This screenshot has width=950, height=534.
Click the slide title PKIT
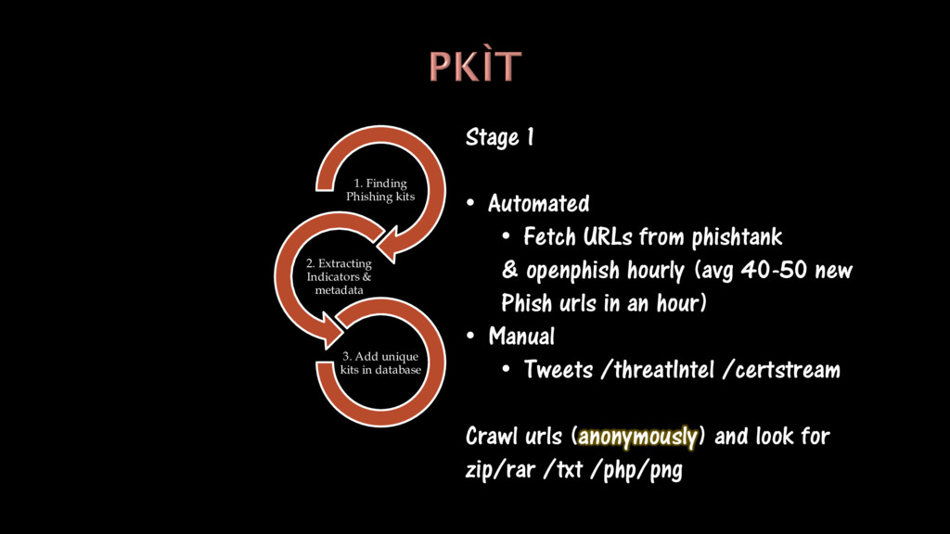pos(475,67)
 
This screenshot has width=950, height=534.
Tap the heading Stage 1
pos(499,138)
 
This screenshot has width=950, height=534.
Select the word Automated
pos(538,203)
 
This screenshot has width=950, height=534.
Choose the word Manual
pos(521,336)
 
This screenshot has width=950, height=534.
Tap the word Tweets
pos(558,370)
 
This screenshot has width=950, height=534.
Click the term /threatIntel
pos(658,370)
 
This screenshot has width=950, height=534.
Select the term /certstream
pos(781,370)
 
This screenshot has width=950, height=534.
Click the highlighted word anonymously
pos(637,436)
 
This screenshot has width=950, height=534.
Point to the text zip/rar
pos(500,470)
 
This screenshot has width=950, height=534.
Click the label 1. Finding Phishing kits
pos(380,190)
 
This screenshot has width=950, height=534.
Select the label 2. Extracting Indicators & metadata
pos(339,277)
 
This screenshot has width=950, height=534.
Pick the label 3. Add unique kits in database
pos(380,363)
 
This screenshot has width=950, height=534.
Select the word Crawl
pos(493,436)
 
